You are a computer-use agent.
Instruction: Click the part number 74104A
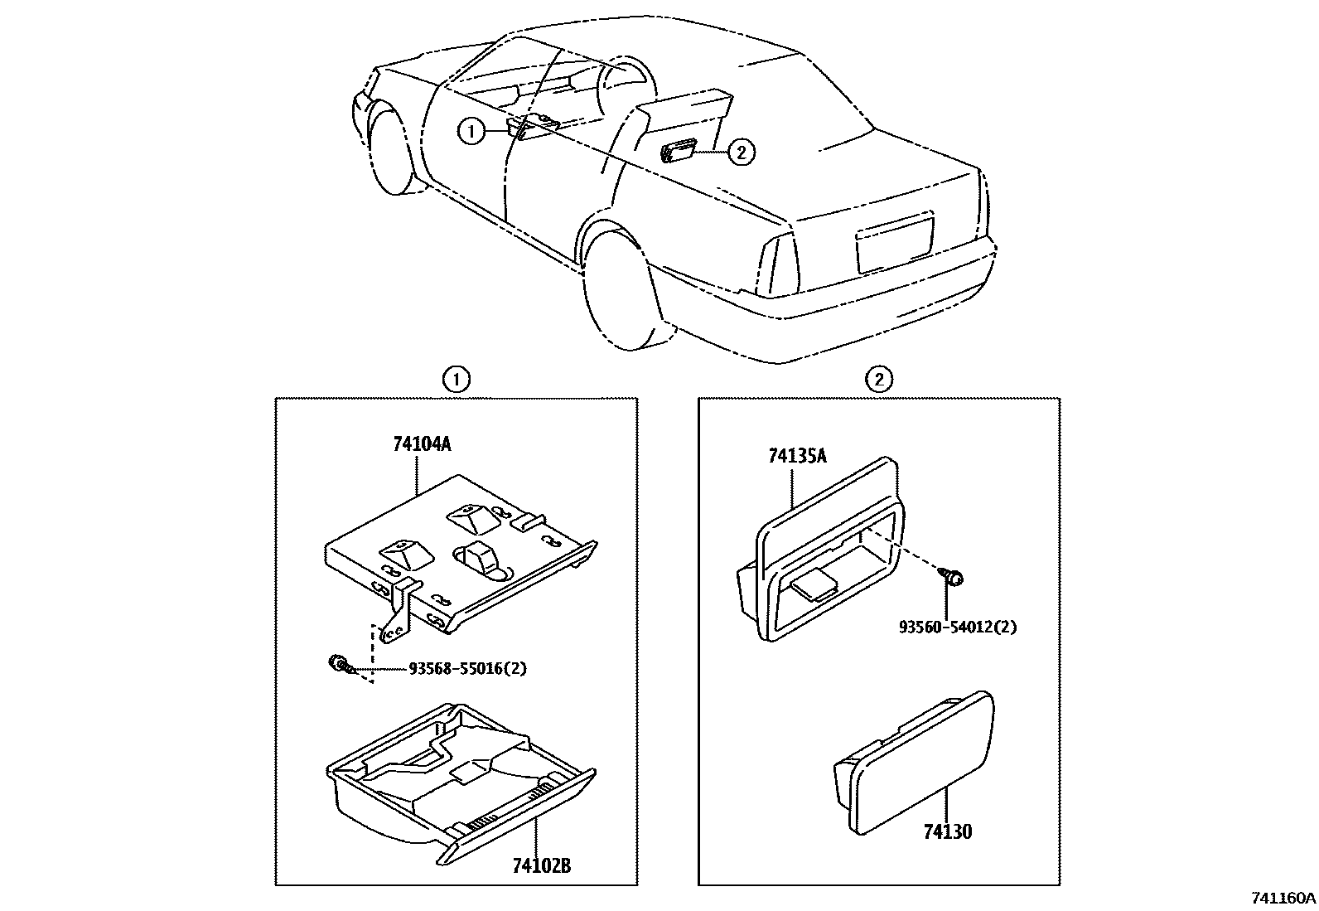[422, 444]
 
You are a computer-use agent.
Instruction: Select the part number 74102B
[541, 866]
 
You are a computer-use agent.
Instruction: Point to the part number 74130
[948, 831]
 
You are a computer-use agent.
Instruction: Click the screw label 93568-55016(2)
[467, 668]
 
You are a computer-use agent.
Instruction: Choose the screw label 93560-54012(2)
[958, 627]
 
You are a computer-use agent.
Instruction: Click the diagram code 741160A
[1283, 898]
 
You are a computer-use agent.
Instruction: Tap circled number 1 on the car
[471, 131]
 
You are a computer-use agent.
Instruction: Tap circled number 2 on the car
[741, 151]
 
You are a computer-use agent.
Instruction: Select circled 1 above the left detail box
[456, 380]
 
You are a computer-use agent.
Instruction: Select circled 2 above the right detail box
[879, 380]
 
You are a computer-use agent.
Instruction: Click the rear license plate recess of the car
[896, 241]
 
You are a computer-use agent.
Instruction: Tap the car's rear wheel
[621, 290]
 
